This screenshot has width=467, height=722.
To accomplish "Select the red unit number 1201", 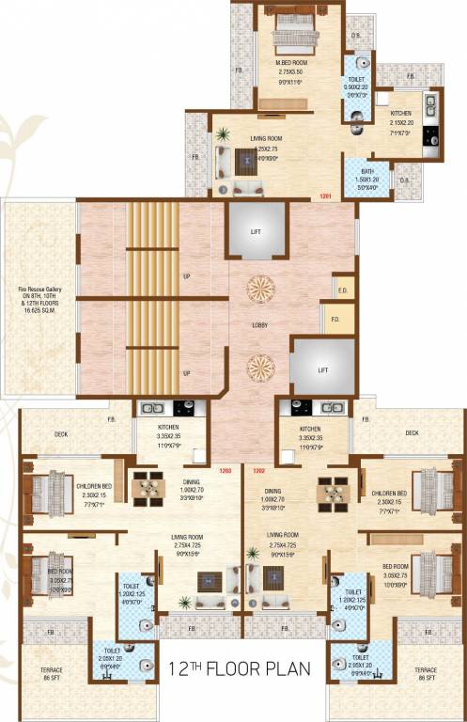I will pos(325,196).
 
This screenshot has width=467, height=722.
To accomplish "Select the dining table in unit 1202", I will pos(331,489).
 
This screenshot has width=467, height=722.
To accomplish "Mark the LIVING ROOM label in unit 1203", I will pos(188,541).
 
